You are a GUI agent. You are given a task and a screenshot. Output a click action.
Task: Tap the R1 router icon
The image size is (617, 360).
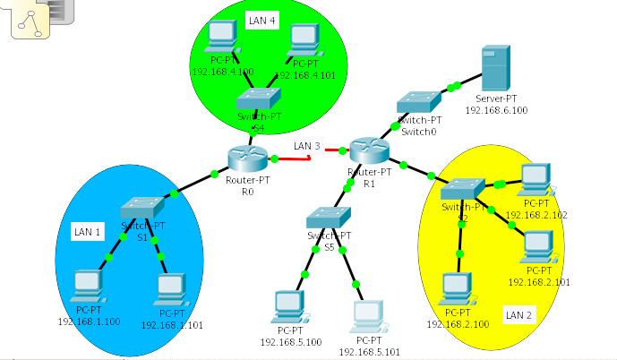click(x=369, y=150)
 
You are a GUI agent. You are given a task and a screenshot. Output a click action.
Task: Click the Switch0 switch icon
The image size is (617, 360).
click(x=419, y=102)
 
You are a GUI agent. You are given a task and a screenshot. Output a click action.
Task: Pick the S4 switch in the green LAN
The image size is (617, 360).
click(x=258, y=100)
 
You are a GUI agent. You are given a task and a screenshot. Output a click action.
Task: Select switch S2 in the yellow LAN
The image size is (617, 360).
click(x=462, y=190)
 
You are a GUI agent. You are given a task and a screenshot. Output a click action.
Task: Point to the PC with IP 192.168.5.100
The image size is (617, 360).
click(x=289, y=304)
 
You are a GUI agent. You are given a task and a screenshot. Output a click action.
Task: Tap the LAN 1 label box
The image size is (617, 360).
click(x=87, y=232)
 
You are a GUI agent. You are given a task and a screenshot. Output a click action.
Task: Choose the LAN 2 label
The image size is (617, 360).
click(x=518, y=314)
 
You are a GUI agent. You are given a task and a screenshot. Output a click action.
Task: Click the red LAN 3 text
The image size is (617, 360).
click(x=306, y=146)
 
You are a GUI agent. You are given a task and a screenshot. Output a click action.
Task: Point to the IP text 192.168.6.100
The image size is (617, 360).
click(x=496, y=111)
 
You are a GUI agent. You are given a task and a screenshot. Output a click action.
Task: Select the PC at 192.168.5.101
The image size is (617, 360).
click(x=368, y=314)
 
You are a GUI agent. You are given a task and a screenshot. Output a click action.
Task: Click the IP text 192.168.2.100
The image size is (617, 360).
click(x=458, y=323)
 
